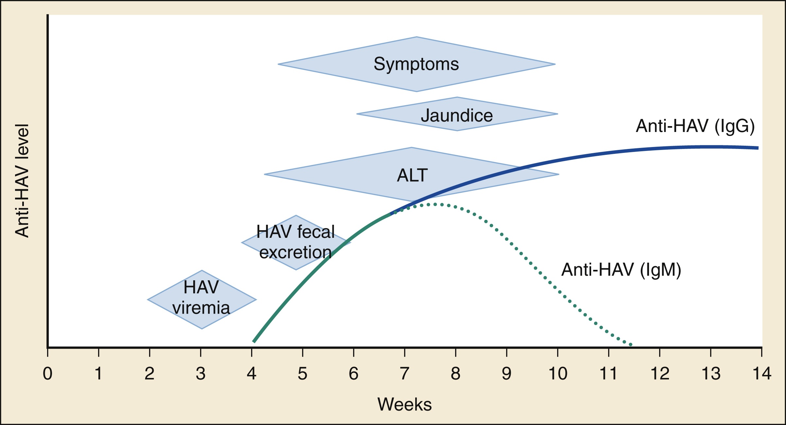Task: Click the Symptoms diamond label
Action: (x=416, y=64)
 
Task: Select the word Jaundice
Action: (x=457, y=115)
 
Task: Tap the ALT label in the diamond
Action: (x=412, y=175)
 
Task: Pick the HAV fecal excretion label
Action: (x=296, y=242)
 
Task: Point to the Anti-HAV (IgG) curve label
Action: (x=695, y=126)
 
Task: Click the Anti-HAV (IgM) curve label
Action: (x=621, y=270)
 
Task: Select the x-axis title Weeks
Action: (x=404, y=404)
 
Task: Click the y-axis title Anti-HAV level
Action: (x=22, y=181)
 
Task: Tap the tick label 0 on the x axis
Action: (x=48, y=373)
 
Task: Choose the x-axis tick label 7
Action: (x=404, y=373)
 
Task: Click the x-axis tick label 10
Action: (x=557, y=373)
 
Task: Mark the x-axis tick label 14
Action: (x=762, y=373)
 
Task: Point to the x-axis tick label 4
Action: (x=251, y=373)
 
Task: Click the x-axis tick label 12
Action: (x=660, y=373)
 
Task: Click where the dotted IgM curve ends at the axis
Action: (x=631, y=345)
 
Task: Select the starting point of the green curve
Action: (x=254, y=342)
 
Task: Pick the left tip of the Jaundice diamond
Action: (x=357, y=114)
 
